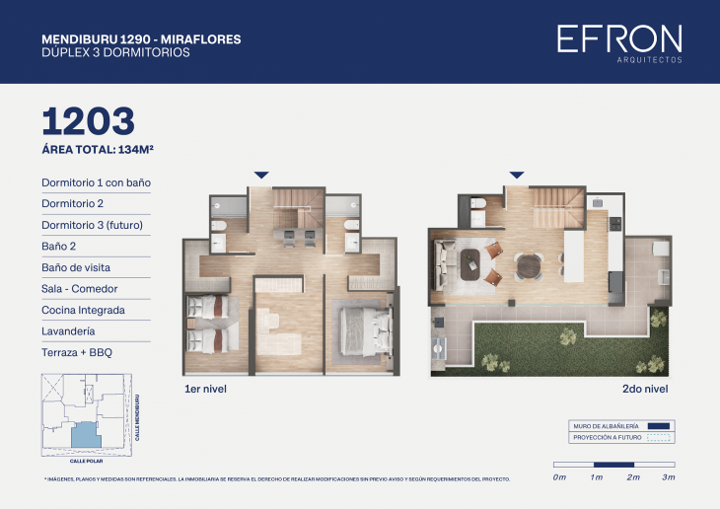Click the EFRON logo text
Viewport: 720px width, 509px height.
click(x=618, y=39)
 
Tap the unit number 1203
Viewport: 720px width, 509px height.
click(x=88, y=121)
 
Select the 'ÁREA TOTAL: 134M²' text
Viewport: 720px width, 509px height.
click(x=98, y=150)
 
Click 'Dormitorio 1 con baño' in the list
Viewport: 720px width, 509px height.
click(x=96, y=182)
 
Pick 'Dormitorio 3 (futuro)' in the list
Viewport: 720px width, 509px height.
click(x=93, y=225)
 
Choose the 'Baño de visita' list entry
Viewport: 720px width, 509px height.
click(x=76, y=267)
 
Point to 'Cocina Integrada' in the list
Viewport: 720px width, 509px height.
click(x=83, y=310)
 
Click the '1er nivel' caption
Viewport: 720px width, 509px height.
click(x=206, y=390)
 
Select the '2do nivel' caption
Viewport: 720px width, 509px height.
click(x=648, y=390)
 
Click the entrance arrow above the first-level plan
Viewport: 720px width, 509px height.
click(x=261, y=175)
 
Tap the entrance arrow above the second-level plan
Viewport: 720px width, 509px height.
click(x=516, y=175)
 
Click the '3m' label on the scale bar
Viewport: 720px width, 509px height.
click(x=669, y=477)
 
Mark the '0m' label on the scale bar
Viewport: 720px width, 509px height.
click(x=559, y=477)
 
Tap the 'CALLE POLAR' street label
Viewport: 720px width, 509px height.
click(x=87, y=460)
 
